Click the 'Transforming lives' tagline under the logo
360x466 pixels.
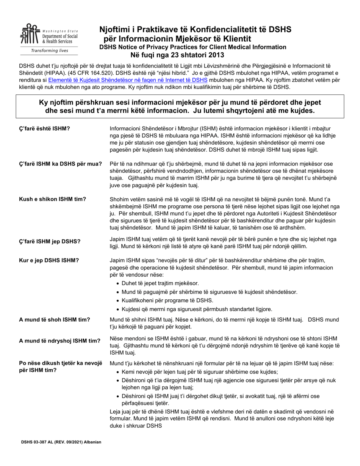[49, 50]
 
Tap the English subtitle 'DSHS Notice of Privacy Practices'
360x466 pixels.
[193, 47]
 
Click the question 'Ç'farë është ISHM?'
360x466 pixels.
[44, 128]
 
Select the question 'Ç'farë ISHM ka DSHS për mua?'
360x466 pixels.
[60, 164]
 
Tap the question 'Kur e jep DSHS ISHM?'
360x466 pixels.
[49, 260]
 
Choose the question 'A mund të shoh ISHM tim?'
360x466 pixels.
[55, 320]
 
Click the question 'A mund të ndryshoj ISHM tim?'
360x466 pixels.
[59, 341]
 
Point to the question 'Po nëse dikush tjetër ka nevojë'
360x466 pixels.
[61, 363]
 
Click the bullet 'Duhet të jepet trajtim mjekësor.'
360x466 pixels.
[160, 283]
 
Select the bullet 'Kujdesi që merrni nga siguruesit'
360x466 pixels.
[197, 309]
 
